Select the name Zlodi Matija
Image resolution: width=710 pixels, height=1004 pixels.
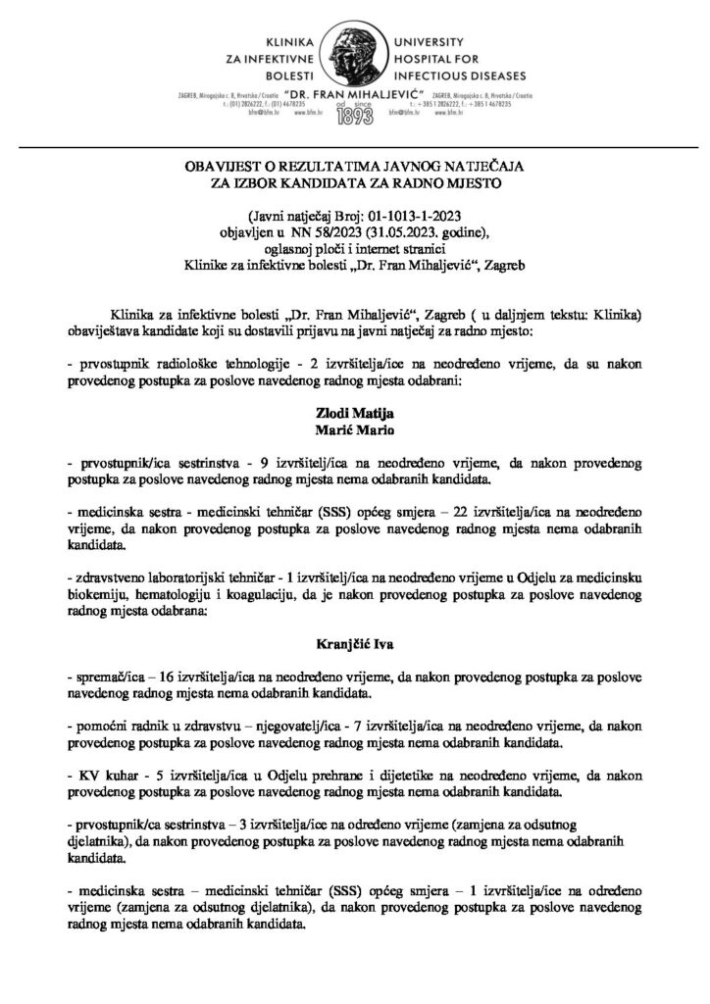pyautogui.click(x=354, y=418)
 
